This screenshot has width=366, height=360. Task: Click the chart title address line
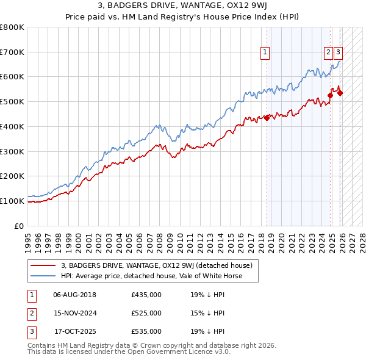[183, 7]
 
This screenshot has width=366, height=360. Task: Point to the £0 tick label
[19, 226]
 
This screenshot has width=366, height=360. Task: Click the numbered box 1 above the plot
[266, 53]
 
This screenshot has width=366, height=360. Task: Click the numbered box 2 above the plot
[328, 53]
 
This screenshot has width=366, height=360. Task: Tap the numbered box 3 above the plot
[338, 53]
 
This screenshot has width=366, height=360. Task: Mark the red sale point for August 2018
[267, 118]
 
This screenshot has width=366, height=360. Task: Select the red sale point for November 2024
[330, 95]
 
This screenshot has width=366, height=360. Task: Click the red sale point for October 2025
[340, 93]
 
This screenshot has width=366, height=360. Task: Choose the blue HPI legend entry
[151, 276]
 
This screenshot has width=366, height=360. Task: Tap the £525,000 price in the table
[146, 313]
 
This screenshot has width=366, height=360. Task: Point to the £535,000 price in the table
[146, 331]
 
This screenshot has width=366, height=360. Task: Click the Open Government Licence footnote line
[129, 352]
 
